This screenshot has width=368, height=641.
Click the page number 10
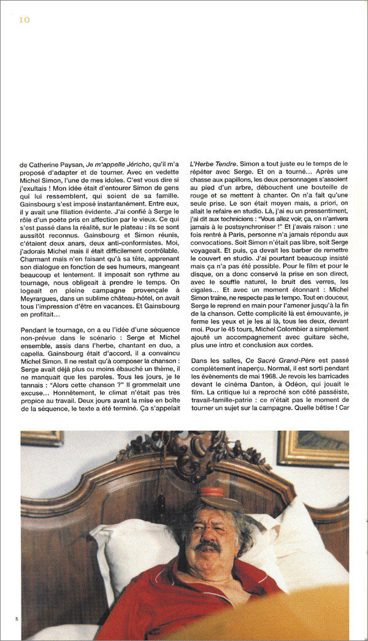pyautogui.click(x=24, y=20)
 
